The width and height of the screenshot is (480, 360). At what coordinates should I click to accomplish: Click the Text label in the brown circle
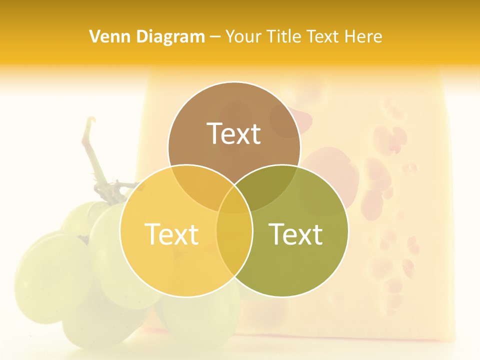point(234,133)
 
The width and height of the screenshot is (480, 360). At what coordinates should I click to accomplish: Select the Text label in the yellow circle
point(171,234)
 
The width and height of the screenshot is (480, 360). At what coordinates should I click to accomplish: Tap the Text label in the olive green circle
point(296,234)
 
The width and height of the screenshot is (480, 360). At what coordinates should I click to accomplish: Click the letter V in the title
point(94,36)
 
